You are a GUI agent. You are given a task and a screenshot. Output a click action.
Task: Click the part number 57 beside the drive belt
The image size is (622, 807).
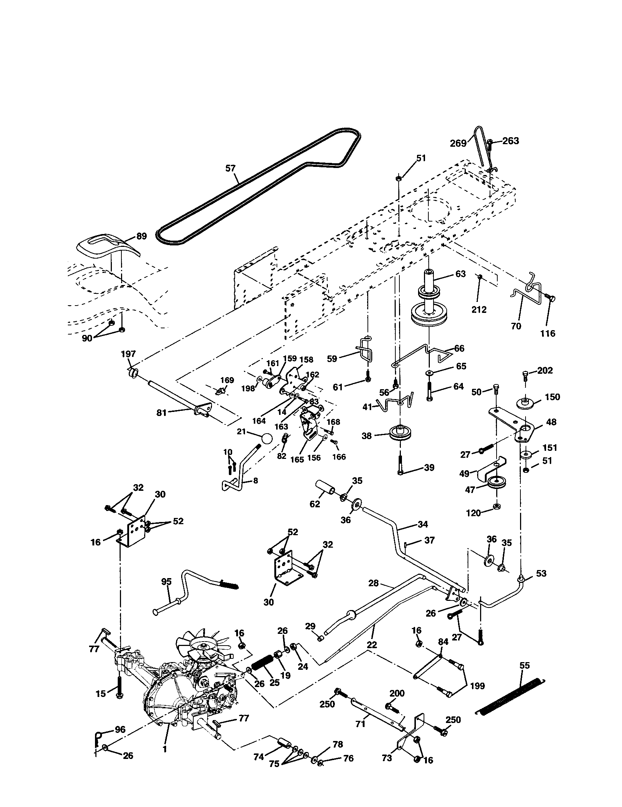(230, 168)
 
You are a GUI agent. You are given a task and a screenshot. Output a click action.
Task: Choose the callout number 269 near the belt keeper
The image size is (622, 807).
(458, 143)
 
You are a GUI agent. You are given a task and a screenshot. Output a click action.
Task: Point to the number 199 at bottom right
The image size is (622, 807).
(477, 686)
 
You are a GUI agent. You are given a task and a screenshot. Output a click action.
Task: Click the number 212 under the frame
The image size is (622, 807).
(479, 309)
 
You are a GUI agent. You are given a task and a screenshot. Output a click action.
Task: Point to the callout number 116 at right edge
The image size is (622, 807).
(548, 333)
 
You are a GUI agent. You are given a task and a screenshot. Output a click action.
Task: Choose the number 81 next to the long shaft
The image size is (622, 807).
(161, 413)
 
